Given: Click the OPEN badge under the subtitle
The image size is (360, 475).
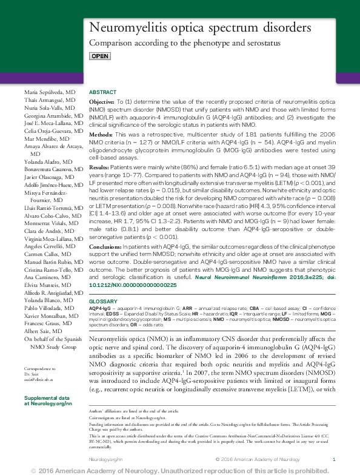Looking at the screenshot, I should point(100,56).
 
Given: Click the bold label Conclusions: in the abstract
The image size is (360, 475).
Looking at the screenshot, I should point(104,248).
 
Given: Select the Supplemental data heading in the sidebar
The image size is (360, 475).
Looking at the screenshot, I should point(48,396).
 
